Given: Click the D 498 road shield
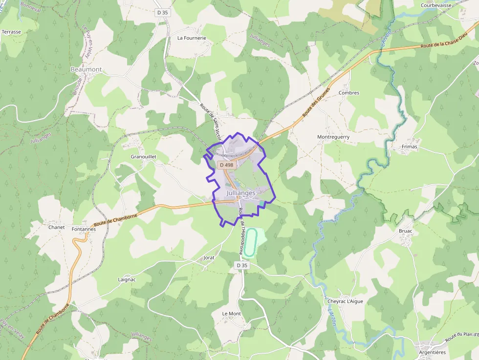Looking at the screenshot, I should click(x=227, y=165).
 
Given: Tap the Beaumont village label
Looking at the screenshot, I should click(x=86, y=69).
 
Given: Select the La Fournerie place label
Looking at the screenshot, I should click(x=192, y=38).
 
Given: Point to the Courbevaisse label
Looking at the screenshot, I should click(x=435, y=5).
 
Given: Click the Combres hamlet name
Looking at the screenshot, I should click(x=348, y=93).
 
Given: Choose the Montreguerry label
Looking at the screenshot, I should click(x=333, y=137).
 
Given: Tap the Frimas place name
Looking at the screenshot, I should click(x=410, y=146).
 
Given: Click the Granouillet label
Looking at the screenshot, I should click(x=143, y=157).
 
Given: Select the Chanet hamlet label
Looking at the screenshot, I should click(x=56, y=227).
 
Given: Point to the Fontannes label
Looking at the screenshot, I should click(x=84, y=229).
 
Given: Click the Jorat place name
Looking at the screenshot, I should click(x=209, y=257).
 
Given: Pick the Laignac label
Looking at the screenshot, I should click(x=127, y=279).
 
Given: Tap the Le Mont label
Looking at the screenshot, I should click(x=232, y=314).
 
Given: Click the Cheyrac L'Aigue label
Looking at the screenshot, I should click(x=345, y=301).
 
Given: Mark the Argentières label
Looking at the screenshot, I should click(x=432, y=352).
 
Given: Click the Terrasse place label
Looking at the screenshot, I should click(x=12, y=32).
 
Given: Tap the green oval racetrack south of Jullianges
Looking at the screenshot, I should click(x=251, y=242).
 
